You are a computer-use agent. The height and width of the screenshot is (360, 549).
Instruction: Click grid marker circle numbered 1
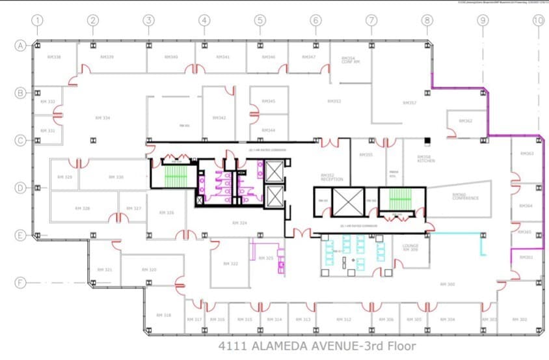coord(38,20)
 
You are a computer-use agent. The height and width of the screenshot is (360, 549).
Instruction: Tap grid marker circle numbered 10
coord(538,20)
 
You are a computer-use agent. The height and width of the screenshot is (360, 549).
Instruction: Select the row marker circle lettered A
coord(21,46)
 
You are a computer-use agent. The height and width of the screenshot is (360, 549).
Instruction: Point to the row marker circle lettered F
coord(21,283)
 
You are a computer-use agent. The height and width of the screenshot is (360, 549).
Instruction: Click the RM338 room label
coord(54,57)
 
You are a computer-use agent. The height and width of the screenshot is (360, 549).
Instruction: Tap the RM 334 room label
coord(102,118)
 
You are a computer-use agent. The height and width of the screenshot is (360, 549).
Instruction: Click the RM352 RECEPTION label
coord(331,177)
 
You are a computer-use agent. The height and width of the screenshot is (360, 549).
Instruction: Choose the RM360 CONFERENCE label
coord(465,196)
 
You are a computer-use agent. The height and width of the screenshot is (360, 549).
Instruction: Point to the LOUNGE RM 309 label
coord(410,248)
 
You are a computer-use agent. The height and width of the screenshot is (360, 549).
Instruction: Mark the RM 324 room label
coord(239,223)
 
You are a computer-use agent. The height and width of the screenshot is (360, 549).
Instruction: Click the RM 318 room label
coord(163,315)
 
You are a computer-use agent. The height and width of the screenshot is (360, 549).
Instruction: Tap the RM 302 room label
coord(520,319)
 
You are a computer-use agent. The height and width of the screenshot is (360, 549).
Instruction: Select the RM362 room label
coord(465,121)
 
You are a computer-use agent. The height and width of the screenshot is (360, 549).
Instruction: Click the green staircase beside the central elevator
coord(401,199)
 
